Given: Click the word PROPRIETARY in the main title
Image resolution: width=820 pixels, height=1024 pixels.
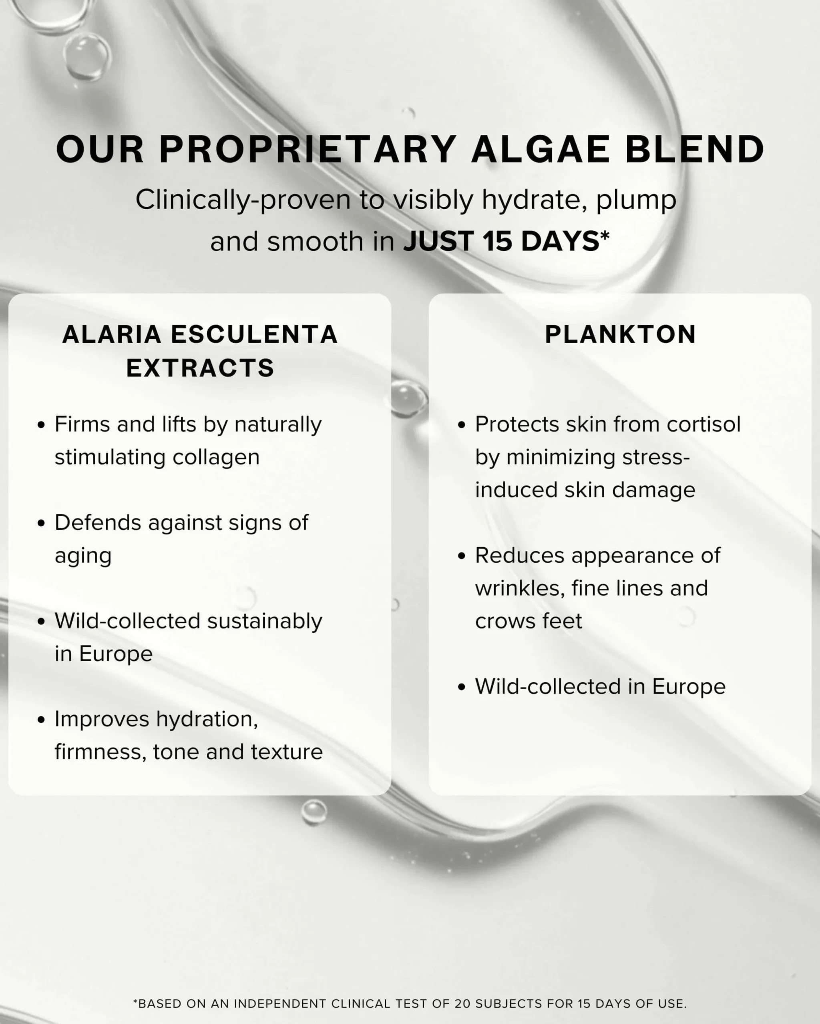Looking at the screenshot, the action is tap(307, 149).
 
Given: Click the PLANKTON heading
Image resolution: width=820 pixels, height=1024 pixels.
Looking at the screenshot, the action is tap(620, 334).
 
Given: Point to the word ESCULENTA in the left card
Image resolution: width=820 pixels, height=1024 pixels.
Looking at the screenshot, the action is tap(254, 334).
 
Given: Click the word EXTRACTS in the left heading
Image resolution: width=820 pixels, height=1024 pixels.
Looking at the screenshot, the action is tap(200, 368).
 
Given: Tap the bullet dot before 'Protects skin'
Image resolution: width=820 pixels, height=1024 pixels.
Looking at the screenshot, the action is tap(462, 425).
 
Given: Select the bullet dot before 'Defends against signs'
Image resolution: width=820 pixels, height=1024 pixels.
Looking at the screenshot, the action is tap(41, 523).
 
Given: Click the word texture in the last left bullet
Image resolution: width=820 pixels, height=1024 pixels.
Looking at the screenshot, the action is tap(287, 752).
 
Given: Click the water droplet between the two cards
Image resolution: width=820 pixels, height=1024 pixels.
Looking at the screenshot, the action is tap(408, 398).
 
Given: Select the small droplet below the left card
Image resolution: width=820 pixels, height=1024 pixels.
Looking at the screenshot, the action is tap(314, 812).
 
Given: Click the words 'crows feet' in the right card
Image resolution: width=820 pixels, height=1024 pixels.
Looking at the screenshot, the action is tap(529, 621).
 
